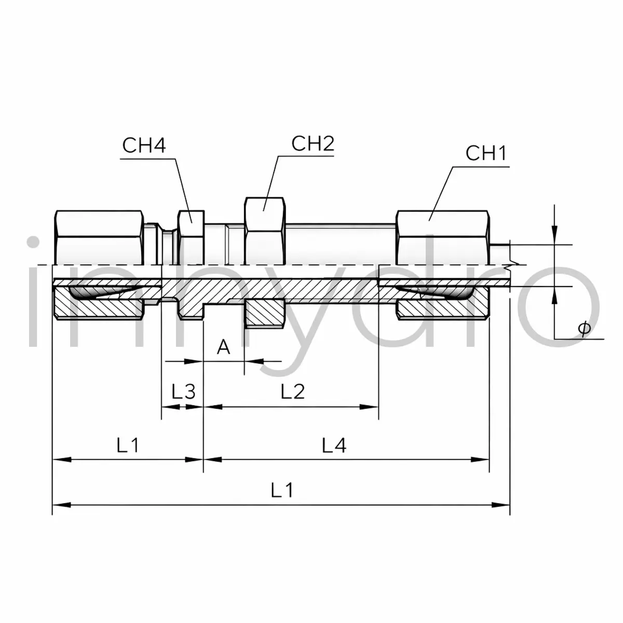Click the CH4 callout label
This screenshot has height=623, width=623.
pos(144,145)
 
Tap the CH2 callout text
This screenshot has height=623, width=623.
pos(313,143)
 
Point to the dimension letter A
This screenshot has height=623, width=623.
pos(223,347)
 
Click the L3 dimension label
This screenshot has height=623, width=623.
pos(183,391)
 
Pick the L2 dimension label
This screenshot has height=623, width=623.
pos(293,391)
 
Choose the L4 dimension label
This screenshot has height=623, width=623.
pos(334,445)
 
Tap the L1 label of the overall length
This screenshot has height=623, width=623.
pos(282,490)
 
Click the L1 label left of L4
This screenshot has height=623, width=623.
pos(128,445)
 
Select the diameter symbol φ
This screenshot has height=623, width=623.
pos(584,329)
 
